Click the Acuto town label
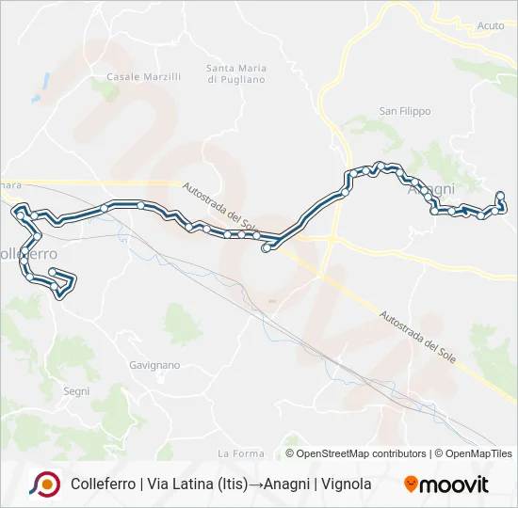pos(491,26)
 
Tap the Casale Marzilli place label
pos(143,76)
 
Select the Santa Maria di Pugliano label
pos(236,73)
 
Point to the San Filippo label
pos(405,111)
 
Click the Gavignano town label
pos(154,364)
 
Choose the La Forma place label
pos(241,453)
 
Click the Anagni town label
pos(432,189)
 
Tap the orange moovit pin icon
pos(412,484)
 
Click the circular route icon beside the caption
pos(44,484)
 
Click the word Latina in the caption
pos(182,484)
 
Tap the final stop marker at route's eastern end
pos(500,196)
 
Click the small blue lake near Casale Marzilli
pos(37,98)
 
